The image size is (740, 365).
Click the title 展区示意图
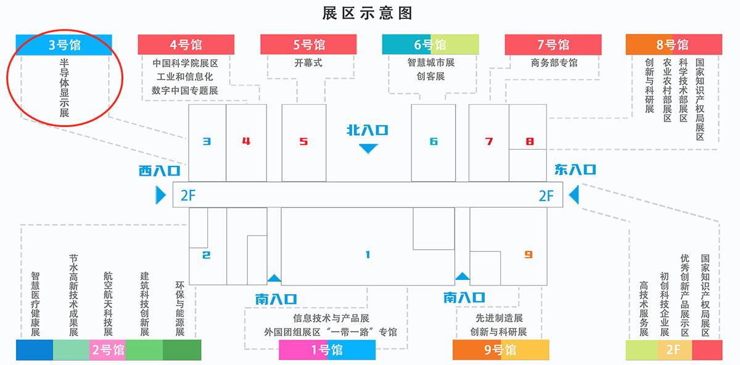tap(368, 14)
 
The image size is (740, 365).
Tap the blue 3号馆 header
tap(64, 44)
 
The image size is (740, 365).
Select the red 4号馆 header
tap(186, 44)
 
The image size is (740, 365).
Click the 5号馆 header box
tap(308, 44)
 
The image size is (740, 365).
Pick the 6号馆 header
tap(430, 44)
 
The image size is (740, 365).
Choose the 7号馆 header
tap(553, 44)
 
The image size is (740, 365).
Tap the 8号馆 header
tap(674, 44)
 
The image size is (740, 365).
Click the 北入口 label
tap(368, 130)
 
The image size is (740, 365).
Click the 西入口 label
tap(160, 171)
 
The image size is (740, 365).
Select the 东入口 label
tap(575, 170)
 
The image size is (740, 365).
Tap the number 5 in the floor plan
tap(303, 142)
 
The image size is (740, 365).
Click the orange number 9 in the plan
tap(528, 255)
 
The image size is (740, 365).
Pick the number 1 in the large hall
tap(368, 255)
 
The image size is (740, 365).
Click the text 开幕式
tap(308, 63)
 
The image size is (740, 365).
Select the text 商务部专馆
tap(554, 63)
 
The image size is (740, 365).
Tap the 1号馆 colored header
tap(327, 350)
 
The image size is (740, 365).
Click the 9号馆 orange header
tap(501, 350)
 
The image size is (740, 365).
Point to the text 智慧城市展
tap(431, 62)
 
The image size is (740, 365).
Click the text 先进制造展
tap(499, 318)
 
